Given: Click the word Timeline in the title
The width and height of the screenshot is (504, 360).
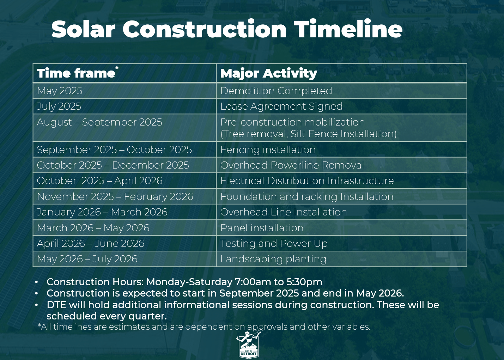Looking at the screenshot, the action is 348,29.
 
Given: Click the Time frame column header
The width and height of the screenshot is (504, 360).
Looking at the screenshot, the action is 76,73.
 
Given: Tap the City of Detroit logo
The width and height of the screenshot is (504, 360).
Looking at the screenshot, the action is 248,344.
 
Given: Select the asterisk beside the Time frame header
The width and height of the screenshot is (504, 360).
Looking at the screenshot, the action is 117,68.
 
